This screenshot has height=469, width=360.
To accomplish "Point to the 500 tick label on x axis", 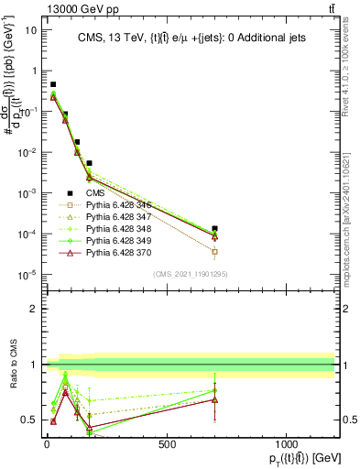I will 167,443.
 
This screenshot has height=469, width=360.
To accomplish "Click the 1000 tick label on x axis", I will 287,443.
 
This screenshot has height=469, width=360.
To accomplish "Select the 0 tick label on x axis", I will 47,443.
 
